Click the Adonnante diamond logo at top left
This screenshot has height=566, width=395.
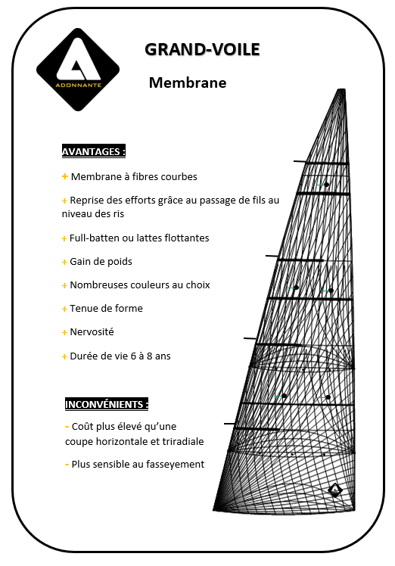click(x=79, y=70)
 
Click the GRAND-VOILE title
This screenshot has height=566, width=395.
click(x=202, y=50)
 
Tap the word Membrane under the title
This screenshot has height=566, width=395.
click(x=188, y=82)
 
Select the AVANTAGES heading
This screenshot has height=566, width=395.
click(x=94, y=151)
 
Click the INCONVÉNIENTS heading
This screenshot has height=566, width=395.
click(x=107, y=403)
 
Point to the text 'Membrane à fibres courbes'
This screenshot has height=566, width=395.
click(x=134, y=177)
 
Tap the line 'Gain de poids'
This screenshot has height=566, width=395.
click(x=101, y=262)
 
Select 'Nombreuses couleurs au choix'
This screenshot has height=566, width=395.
click(x=140, y=285)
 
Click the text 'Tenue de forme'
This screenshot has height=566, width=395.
click(x=106, y=309)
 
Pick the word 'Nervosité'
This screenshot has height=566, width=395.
click(x=92, y=332)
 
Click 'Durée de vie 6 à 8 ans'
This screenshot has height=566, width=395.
click(x=120, y=356)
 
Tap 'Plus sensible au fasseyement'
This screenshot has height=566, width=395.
click(x=138, y=465)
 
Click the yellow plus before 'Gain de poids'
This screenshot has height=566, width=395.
click(x=64, y=262)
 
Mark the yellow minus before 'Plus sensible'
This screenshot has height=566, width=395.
click(x=67, y=465)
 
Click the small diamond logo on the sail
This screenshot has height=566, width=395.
click(x=335, y=490)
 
